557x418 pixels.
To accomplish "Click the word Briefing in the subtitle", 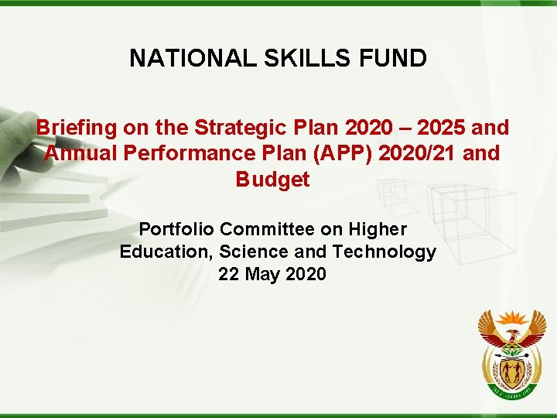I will coord(75,127).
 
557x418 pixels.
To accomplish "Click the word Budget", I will coord(272,180).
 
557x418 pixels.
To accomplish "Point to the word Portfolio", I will coord(177,229).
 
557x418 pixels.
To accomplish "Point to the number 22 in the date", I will coord(230,274).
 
